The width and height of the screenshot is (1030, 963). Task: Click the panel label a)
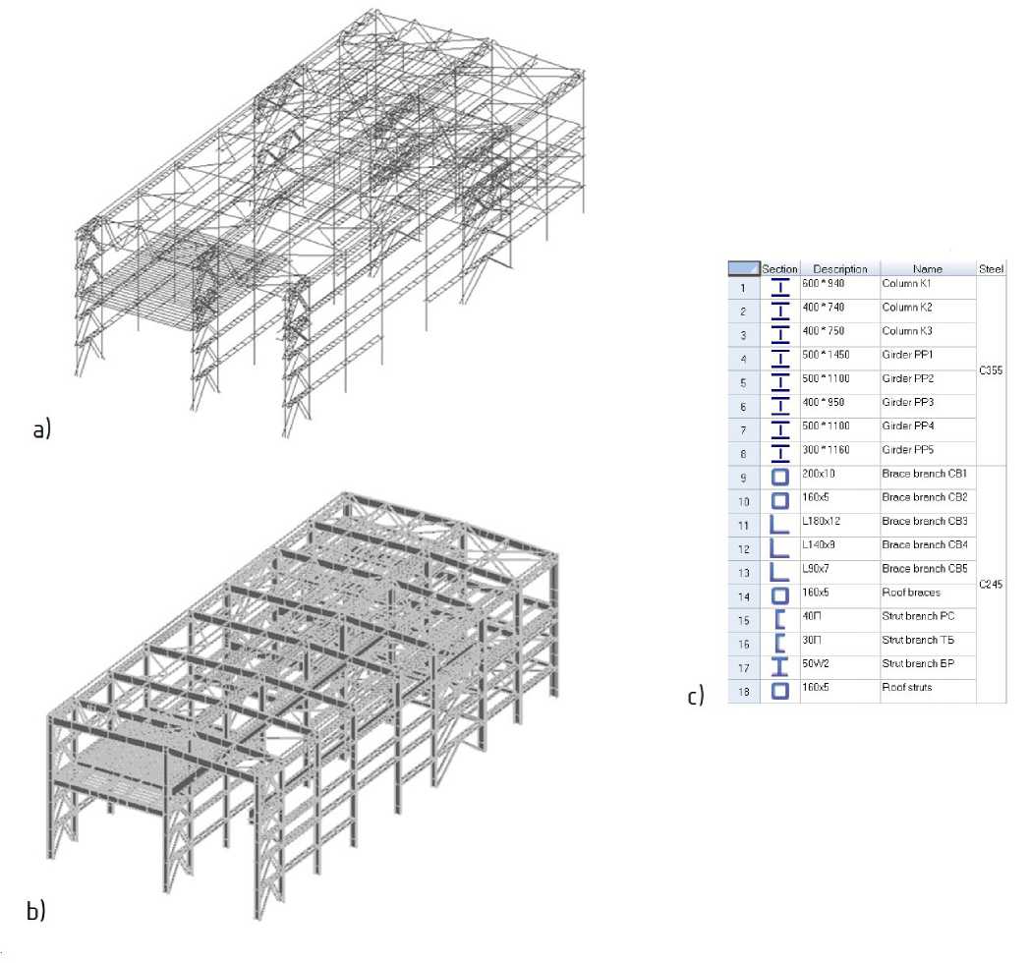[40, 430]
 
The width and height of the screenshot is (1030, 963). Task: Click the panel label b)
[35, 911]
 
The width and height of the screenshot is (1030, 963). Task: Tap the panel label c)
[696, 697]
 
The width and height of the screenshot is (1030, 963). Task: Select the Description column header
[839, 268]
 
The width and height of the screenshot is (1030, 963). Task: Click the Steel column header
[991, 268]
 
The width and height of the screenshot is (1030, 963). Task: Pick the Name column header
[927, 268]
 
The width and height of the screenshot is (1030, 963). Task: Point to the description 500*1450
[826, 355]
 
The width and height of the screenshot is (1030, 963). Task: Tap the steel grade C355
[991, 371]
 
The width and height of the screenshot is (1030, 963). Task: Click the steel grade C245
[991, 585]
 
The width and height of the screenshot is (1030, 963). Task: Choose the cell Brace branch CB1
[925, 474]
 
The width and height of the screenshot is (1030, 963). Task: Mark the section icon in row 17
[780, 667]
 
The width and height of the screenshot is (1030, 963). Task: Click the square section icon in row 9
[780, 478]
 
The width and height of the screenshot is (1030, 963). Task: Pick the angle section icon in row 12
[780, 548]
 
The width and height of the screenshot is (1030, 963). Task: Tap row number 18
[743, 691]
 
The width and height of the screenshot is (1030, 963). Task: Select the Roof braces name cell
[912, 592]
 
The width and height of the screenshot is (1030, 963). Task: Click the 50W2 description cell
[818, 663]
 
